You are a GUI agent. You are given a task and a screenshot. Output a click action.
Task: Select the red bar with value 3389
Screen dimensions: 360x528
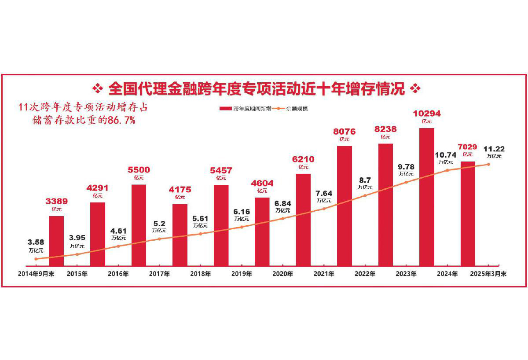56,241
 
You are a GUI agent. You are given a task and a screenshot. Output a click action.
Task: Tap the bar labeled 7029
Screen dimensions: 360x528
468,213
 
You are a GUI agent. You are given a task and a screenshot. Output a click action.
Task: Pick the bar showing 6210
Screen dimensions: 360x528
303,220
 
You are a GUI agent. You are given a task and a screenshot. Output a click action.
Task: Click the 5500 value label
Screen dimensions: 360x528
139,170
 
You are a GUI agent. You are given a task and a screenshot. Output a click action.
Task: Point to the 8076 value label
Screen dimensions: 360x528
344,131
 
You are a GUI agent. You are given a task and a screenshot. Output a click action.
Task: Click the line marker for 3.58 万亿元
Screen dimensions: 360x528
36,259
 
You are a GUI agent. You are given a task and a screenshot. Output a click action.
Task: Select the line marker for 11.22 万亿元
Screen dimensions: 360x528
488,165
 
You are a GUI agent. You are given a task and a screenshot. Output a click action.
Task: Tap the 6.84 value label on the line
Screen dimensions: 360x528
283,203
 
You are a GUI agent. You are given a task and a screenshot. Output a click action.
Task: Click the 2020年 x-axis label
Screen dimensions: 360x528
283,274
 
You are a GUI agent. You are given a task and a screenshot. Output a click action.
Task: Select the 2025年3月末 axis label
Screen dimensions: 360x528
488,274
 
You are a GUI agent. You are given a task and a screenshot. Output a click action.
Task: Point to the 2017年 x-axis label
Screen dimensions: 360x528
159,274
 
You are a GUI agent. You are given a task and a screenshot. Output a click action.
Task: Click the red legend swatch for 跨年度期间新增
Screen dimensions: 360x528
225,108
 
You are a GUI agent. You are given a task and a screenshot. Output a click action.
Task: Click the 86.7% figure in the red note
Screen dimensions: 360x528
119,120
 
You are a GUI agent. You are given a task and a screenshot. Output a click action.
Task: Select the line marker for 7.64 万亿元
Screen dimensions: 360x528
324,209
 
